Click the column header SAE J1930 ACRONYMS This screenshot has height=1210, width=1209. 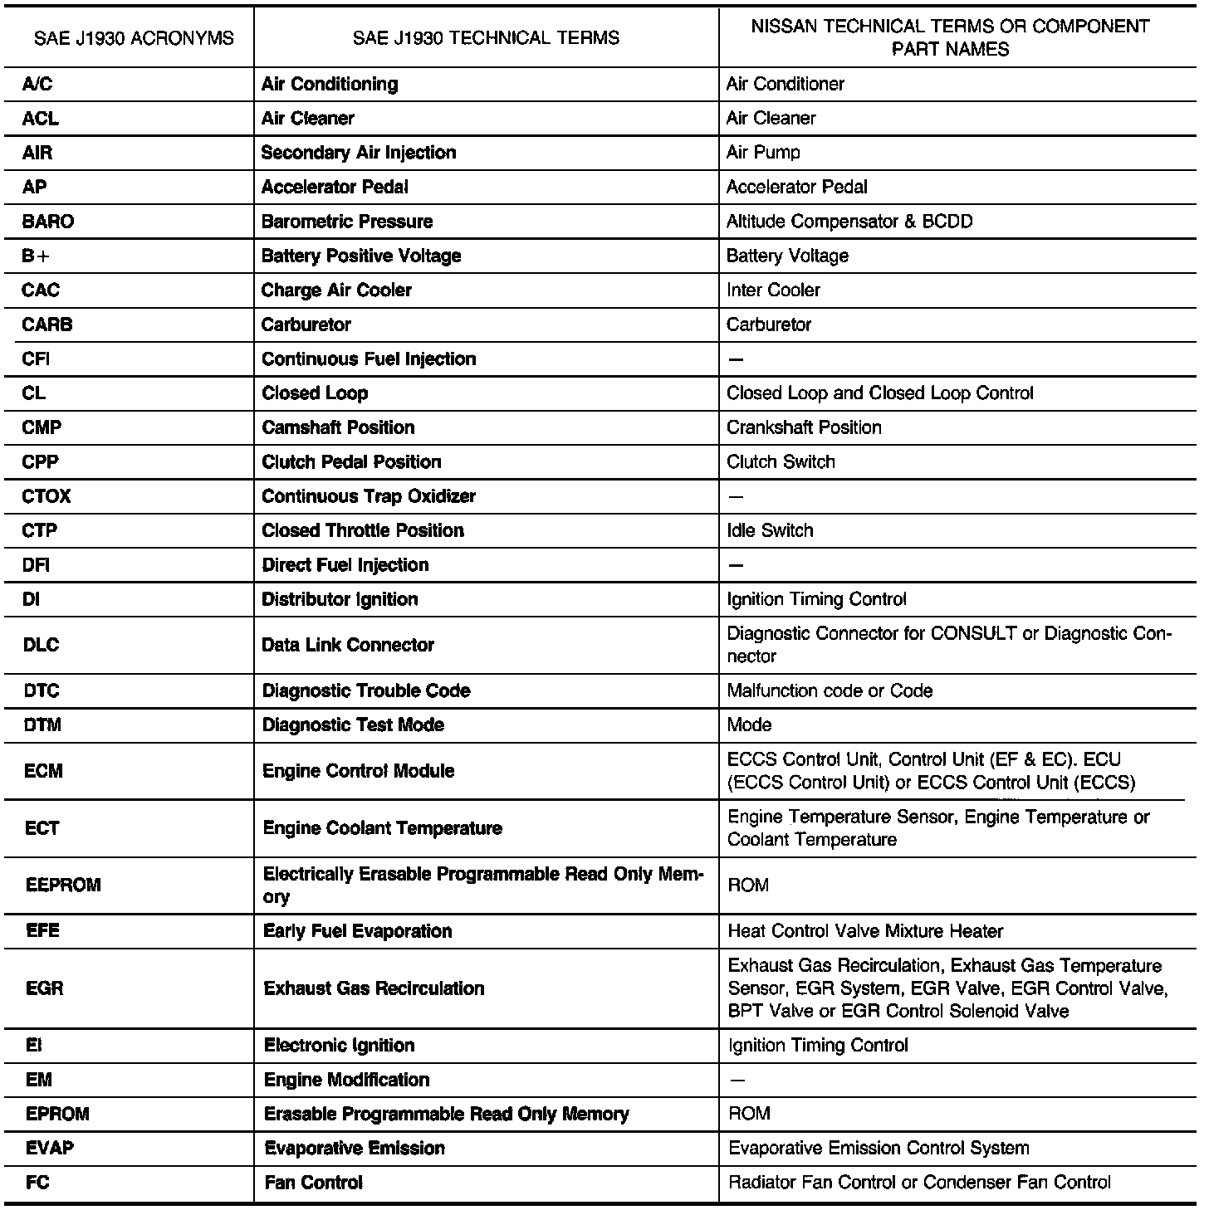point(134,38)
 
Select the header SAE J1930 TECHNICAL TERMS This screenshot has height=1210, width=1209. point(486,38)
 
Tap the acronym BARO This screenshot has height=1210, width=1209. point(47,222)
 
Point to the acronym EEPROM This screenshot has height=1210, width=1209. point(63,885)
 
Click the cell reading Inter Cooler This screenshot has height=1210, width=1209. point(773,290)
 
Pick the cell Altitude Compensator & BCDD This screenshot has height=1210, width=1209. point(849,222)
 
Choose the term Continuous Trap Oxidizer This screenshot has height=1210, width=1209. point(369,496)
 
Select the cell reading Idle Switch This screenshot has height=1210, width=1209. point(770,530)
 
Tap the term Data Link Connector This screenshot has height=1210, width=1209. point(348,645)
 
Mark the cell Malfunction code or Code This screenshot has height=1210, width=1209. point(830,690)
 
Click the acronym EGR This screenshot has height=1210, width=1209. point(45,988)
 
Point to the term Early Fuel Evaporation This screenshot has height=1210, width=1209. point(357,931)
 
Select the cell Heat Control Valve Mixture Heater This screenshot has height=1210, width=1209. point(865,931)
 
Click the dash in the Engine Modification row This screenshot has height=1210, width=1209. point(737,1080)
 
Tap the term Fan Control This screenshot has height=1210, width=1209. point(313,1183)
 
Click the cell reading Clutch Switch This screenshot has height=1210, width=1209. point(781,461)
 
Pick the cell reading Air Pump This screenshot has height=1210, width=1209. point(763,153)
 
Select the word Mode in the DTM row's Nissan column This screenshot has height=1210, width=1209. point(749,725)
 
